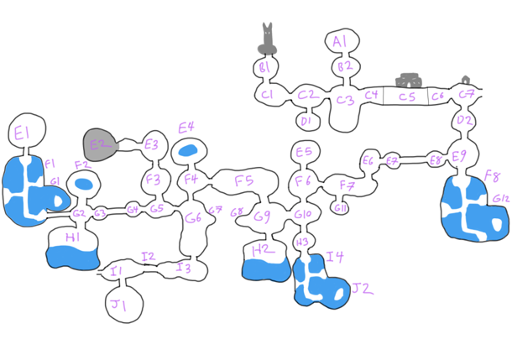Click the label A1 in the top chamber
pos(340,41)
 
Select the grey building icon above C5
pos(410,80)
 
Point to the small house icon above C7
pos(466,80)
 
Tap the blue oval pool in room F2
pos(83,183)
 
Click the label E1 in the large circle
pos(23,131)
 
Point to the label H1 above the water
pos(72,237)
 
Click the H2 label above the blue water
pos(262,249)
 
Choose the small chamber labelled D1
pos(306,121)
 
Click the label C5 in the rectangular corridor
pos(406,97)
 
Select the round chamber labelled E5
pos(304,151)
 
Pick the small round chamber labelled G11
pos(340,207)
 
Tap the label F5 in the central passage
pos(244,180)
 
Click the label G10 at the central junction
pos(303,216)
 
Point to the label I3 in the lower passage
pos(184,269)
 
